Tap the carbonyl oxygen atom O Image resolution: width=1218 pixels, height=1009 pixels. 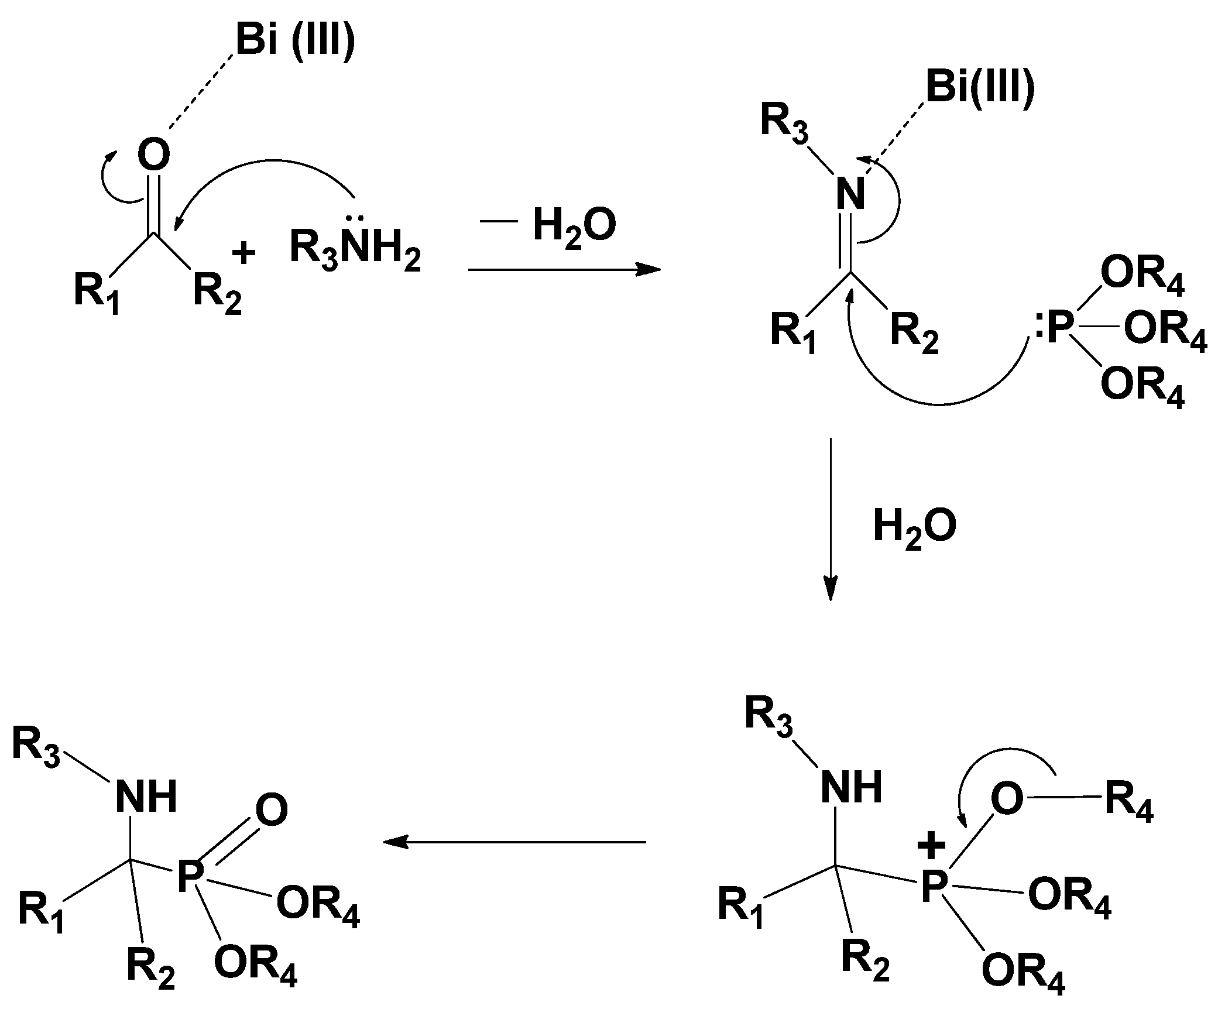[154, 155]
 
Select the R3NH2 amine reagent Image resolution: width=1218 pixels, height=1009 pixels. [355, 249]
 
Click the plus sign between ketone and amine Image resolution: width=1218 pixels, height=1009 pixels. [243, 253]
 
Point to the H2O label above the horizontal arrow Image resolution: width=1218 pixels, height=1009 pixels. [574, 227]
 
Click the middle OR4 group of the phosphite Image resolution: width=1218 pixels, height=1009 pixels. [1165, 331]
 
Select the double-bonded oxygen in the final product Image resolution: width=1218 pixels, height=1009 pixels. [272, 811]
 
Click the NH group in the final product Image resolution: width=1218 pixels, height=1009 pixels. [146, 797]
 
